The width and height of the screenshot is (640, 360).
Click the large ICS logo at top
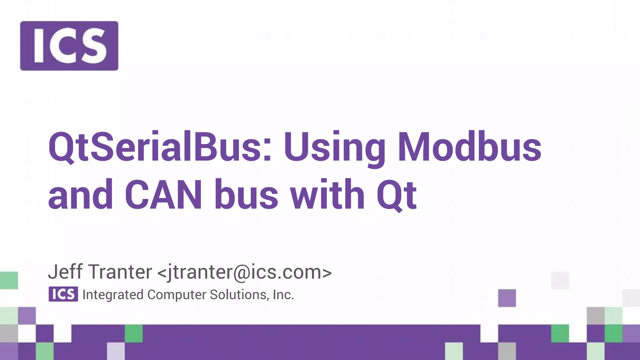[x=69, y=46]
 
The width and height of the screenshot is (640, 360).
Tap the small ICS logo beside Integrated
[x=63, y=294]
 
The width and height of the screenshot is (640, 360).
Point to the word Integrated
[x=113, y=295]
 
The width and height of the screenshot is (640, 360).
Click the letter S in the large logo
[x=92, y=46]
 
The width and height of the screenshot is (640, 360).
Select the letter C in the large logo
[x=63, y=46]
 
